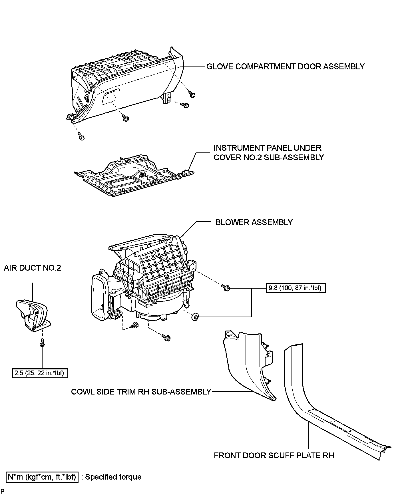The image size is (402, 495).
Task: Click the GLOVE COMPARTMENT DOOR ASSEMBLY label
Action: (285, 67)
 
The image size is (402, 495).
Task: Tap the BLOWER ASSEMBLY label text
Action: (254, 222)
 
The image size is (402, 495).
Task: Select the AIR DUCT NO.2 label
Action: (33, 268)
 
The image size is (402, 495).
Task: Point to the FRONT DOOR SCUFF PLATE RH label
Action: (274, 455)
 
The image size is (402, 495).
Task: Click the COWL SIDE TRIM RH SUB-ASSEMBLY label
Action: (141, 392)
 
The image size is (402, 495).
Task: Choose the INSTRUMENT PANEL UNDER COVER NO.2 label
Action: (268, 153)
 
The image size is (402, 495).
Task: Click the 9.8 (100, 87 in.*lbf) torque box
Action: (295, 288)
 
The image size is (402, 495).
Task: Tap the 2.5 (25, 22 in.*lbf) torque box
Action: (40, 373)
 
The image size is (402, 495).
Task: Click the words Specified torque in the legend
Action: (113, 477)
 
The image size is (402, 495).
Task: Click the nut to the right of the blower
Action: (196, 316)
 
